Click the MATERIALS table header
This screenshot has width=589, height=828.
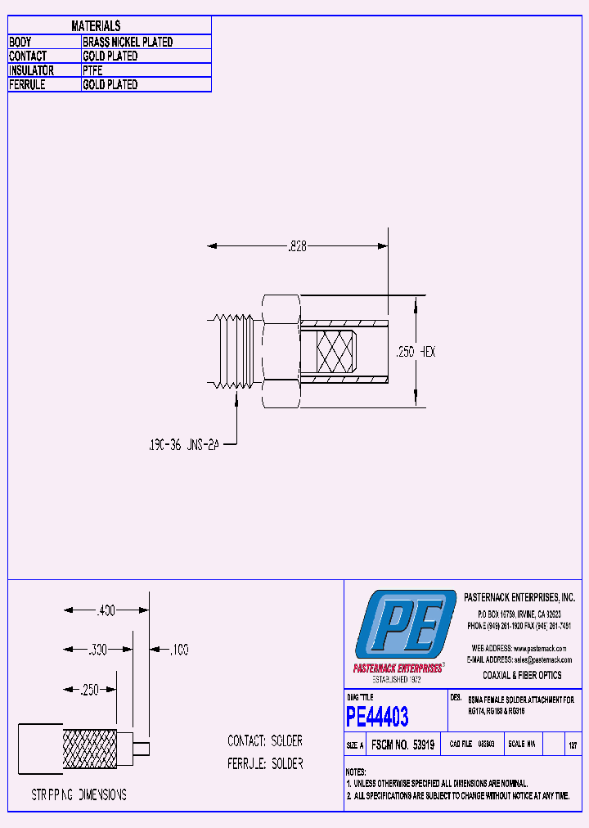point(96,26)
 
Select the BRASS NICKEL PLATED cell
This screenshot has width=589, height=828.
point(128,42)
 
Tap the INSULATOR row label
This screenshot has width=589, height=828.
point(32,70)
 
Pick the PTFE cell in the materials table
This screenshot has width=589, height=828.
point(92,70)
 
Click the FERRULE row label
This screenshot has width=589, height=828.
point(27,84)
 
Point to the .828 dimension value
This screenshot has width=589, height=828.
point(296,245)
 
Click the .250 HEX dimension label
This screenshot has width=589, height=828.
point(416,351)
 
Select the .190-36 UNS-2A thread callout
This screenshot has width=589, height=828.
point(185,445)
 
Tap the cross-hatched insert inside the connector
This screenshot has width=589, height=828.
point(328,351)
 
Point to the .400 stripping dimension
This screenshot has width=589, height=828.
point(106,610)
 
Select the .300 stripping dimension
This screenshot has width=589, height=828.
point(97,650)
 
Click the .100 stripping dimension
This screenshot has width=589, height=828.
point(178,650)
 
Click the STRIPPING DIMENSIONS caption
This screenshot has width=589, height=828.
point(79,794)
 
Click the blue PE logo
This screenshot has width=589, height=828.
point(406,628)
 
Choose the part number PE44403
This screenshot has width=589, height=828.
point(377,718)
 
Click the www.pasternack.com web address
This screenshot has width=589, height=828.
point(542,647)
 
